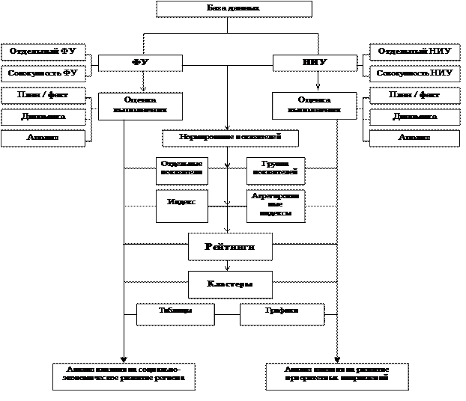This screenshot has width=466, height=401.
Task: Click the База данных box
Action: pyautogui.click(x=234, y=8)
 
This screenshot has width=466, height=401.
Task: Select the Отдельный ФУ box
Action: pyautogui.click(x=43, y=52)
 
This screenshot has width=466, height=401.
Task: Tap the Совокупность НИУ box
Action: pyautogui.click(x=414, y=73)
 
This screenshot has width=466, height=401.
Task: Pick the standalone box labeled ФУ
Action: pyautogui.click(x=140, y=63)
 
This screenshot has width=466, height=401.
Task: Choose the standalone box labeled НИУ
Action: pyautogui.click(x=313, y=63)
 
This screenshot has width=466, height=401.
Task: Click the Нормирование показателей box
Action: pyautogui.click(x=230, y=138)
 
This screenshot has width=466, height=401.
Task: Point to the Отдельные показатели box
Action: pyautogui.click(x=181, y=170)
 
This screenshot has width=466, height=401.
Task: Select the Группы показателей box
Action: pyautogui.click(x=276, y=170)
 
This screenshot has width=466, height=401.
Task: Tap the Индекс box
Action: pyautogui.click(x=181, y=206)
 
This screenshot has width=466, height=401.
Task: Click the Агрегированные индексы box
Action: pyautogui.click(x=276, y=206)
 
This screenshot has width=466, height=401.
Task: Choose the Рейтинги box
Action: pyautogui.click(x=230, y=247)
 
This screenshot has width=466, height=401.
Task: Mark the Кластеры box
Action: pyautogui.click(x=230, y=284)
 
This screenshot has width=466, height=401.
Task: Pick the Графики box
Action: pyautogui.click(x=282, y=314)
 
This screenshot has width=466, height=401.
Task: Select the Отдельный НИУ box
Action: pyautogui.click(x=414, y=52)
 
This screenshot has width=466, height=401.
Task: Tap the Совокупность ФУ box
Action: pyautogui.click(x=43, y=73)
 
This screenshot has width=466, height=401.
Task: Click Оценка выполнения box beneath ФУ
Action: pyautogui.click(x=140, y=105)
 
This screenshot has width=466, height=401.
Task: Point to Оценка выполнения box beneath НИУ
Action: pyautogui.click(x=313, y=105)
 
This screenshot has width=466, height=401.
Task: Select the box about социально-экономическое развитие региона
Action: pyautogui.click(x=124, y=376)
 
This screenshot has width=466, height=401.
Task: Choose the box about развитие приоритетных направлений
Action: pyautogui.click(x=337, y=376)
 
